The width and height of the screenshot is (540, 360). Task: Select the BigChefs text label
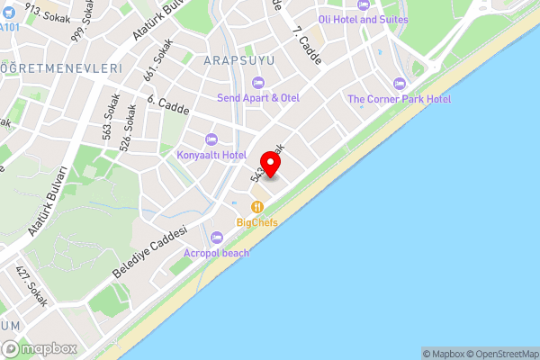256,221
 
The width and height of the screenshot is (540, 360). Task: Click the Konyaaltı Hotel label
211,155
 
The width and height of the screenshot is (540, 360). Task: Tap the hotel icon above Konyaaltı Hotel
211,139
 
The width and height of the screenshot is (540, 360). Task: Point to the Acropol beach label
216,253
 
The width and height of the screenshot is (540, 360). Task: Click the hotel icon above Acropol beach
216,238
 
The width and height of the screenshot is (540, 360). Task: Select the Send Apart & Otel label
258,97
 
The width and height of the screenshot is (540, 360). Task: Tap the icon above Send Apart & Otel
258,83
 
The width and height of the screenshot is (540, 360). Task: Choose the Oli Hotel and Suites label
363,19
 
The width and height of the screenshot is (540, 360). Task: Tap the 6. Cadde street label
166,108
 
